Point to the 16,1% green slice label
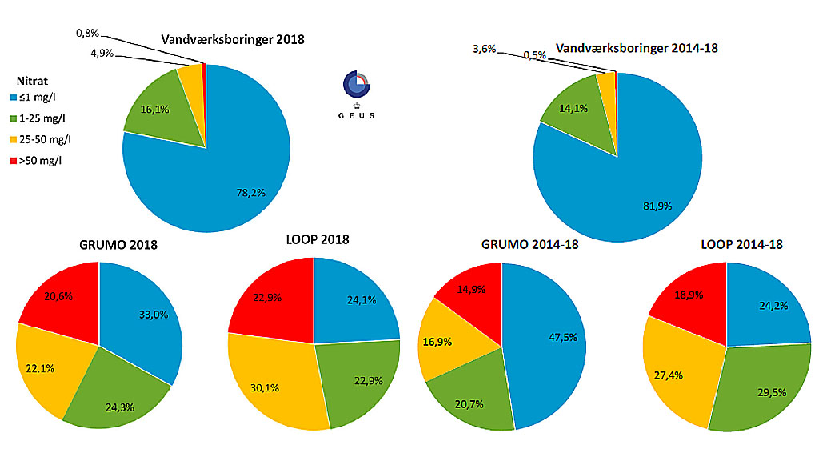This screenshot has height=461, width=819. pyautogui.click(x=155, y=110)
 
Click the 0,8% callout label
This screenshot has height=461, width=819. pyautogui.click(x=87, y=34)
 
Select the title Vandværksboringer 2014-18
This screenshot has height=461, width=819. pyautogui.click(x=637, y=48)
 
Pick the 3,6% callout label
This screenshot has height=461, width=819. pyautogui.click(x=485, y=50)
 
